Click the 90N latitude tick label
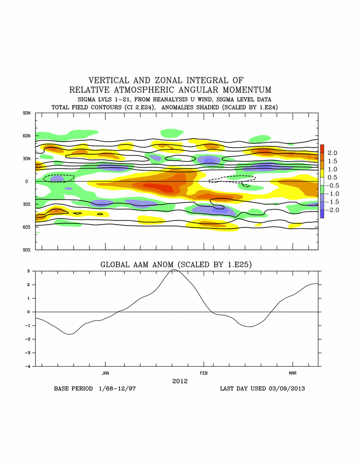26,113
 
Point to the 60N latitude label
26,136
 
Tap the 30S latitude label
26,204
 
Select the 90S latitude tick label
26,250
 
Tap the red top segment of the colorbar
322,149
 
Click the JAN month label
105,373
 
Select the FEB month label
204,373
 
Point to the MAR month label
292,373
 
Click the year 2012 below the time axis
179,381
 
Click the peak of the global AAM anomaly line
174,270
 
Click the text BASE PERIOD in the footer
73,388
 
